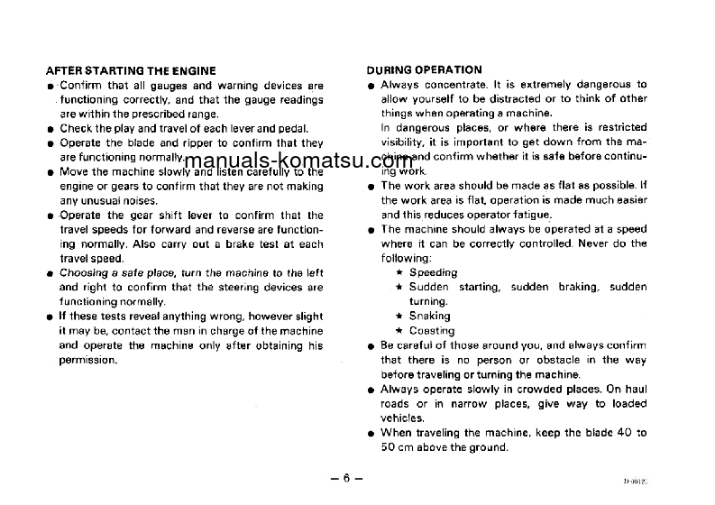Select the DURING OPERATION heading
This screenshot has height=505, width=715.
[424, 69]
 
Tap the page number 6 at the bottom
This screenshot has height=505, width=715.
[344, 480]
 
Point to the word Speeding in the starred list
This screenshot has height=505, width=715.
[433, 272]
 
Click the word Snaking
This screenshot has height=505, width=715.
[429, 317]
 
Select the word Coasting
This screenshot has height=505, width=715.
[432, 331]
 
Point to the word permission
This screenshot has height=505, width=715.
[87, 360]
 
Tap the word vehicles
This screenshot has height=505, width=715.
[402, 418]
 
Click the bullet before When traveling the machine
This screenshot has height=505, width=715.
[371, 434]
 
